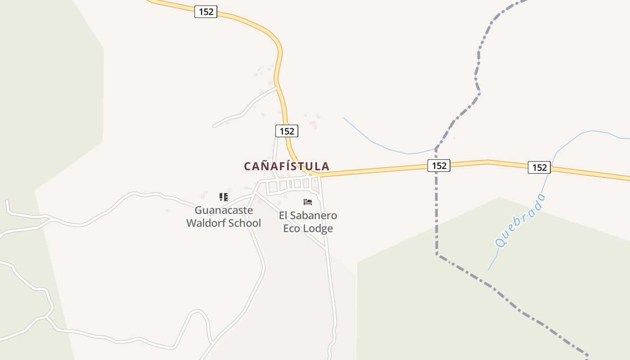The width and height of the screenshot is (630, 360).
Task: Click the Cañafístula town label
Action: (x=287, y=166)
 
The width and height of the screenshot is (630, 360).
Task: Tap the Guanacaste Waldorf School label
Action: (x=224, y=216)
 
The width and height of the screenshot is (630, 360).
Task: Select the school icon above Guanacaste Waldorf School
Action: (x=224, y=197)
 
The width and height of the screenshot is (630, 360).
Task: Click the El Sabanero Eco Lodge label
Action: (x=308, y=222)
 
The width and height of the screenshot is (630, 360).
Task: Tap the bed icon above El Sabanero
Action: (x=308, y=202)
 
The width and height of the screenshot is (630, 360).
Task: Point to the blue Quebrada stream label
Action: (x=521, y=220)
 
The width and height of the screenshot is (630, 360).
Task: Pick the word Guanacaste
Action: (x=224, y=210)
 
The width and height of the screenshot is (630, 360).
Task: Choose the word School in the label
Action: (x=246, y=223)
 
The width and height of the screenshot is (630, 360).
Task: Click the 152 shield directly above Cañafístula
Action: (x=287, y=131)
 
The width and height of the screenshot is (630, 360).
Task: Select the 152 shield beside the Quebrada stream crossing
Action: (x=539, y=167)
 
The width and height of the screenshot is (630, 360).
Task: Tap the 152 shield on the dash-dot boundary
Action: (x=438, y=166)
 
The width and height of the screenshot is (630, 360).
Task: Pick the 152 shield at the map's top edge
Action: (x=206, y=12)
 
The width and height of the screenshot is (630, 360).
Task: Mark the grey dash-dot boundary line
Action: (x=436, y=216)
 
